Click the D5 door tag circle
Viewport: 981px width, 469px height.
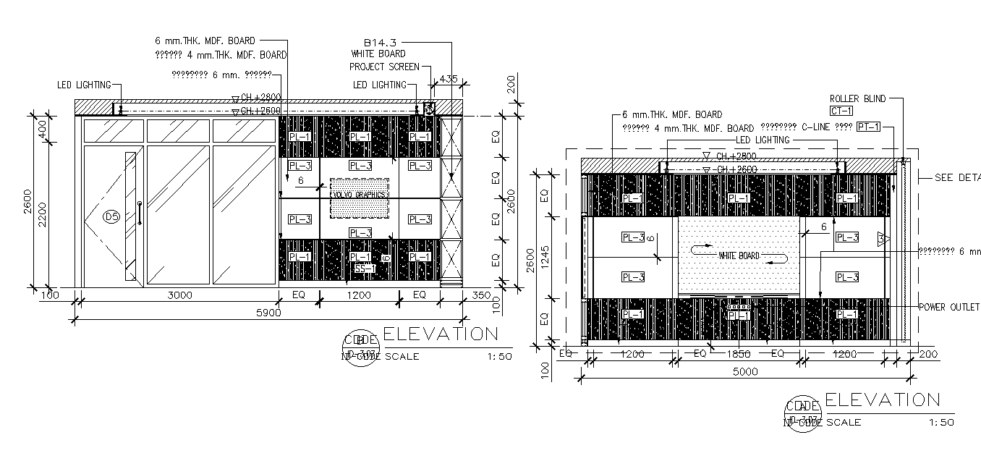(111, 216)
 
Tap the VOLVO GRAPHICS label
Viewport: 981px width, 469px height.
(359, 195)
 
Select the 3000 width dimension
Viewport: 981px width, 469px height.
(179, 295)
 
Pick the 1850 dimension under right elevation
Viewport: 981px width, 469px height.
(739, 354)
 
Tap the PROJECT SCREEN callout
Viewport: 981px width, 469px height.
(384, 67)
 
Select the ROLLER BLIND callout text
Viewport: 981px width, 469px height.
(857, 98)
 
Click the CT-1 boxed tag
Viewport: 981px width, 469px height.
(842, 111)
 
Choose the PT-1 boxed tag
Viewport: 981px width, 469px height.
(868, 127)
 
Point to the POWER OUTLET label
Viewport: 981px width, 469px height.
(949, 307)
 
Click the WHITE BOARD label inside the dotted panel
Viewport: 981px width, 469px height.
(739, 255)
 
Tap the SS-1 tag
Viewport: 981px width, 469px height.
(365, 269)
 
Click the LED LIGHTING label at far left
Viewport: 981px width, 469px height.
(84, 85)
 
